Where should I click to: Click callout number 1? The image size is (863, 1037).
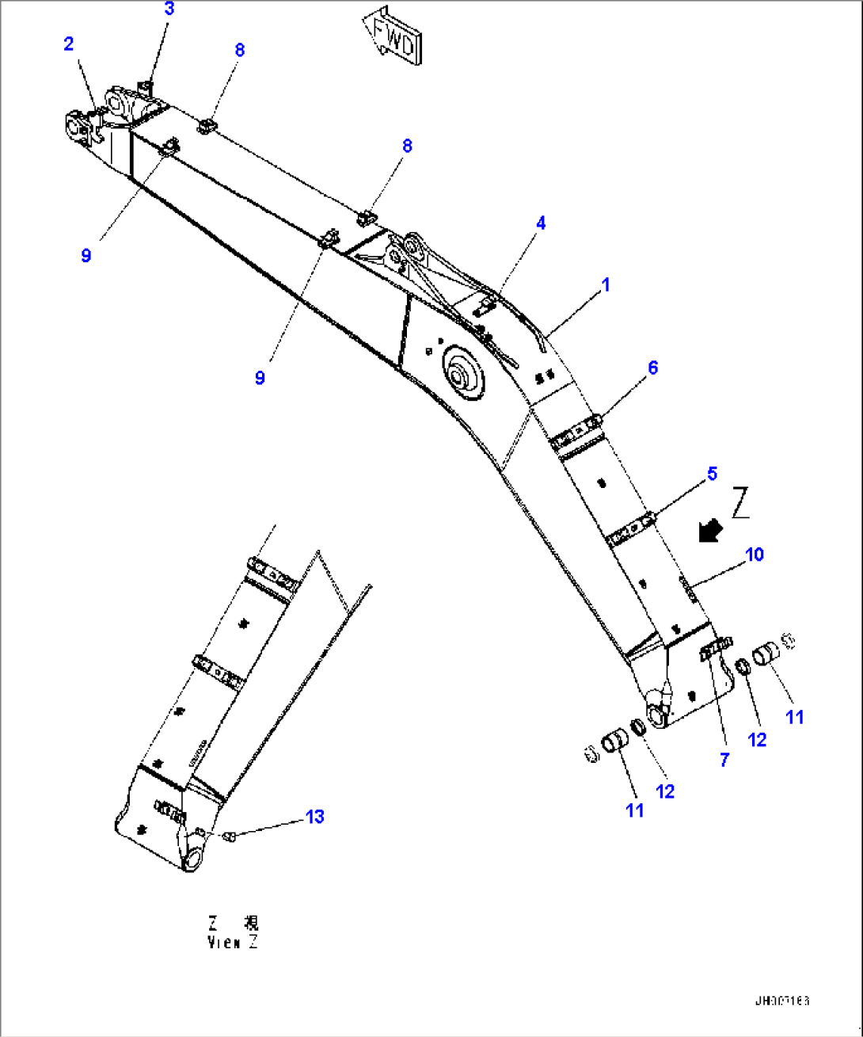(x=606, y=285)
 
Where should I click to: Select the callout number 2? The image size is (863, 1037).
(x=69, y=44)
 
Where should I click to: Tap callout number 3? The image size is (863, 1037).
(x=169, y=10)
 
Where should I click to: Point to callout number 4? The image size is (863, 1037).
(x=541, y=223)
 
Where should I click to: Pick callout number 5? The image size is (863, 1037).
(x=712, y=474)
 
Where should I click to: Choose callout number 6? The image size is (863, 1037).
(x=652, y=368)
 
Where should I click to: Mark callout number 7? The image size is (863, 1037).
(x=724, y=760)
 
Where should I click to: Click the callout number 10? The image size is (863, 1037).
(x=755, y=555)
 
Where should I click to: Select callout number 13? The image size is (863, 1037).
(x=315, y=817)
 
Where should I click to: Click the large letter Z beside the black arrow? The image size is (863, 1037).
(x=740, y=503)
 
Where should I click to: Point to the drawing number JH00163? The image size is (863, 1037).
(x=781, y=1001)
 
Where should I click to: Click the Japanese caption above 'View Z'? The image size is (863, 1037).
(x=233, y=923)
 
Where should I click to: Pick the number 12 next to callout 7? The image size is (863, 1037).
(x=757, y=740)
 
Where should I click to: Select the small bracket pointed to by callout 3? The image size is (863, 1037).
(x=145, y=86)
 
